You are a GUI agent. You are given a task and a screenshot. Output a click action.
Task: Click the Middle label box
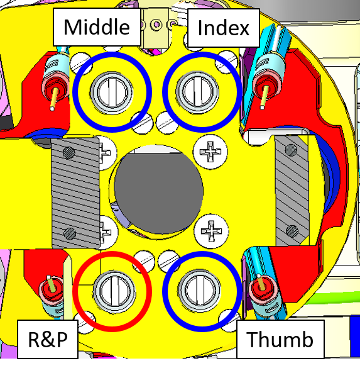coord(97,27)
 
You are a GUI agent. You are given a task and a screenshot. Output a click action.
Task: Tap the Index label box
coord(224,28)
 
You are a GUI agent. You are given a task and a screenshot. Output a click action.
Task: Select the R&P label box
coord(48,339)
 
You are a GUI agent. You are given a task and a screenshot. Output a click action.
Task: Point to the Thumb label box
coord(280,339)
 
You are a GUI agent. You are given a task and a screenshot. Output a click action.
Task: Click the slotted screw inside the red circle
coord(114,291)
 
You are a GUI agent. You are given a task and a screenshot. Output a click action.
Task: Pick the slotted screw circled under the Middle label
coord(111,92)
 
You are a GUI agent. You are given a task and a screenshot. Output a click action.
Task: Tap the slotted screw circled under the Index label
coord(197,92)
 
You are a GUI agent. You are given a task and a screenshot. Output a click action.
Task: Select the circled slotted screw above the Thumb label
coord(199,291)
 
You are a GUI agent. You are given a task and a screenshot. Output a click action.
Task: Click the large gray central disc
coord(158,189)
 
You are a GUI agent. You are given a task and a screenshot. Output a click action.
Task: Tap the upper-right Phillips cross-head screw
coord(210,152)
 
